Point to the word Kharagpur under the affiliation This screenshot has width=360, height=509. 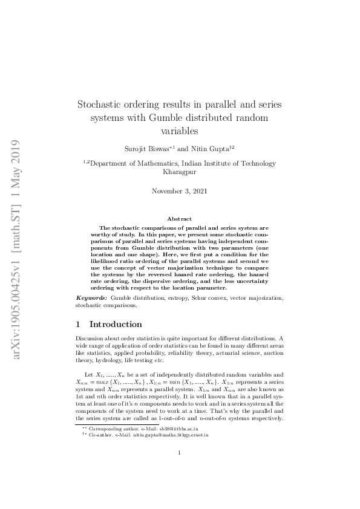pyautogui.click(x=180, y=172)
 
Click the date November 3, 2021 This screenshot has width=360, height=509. pyautogui.click(x=180, y=191)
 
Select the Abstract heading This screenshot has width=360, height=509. pyautogui.click(x=180, y=219)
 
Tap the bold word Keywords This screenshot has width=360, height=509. pyautogui.click(x=92, y=299)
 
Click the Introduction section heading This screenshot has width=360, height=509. pyautogui.click(x=116, y=324)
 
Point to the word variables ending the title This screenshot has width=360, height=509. pyautogui.click(x=180, y=130)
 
